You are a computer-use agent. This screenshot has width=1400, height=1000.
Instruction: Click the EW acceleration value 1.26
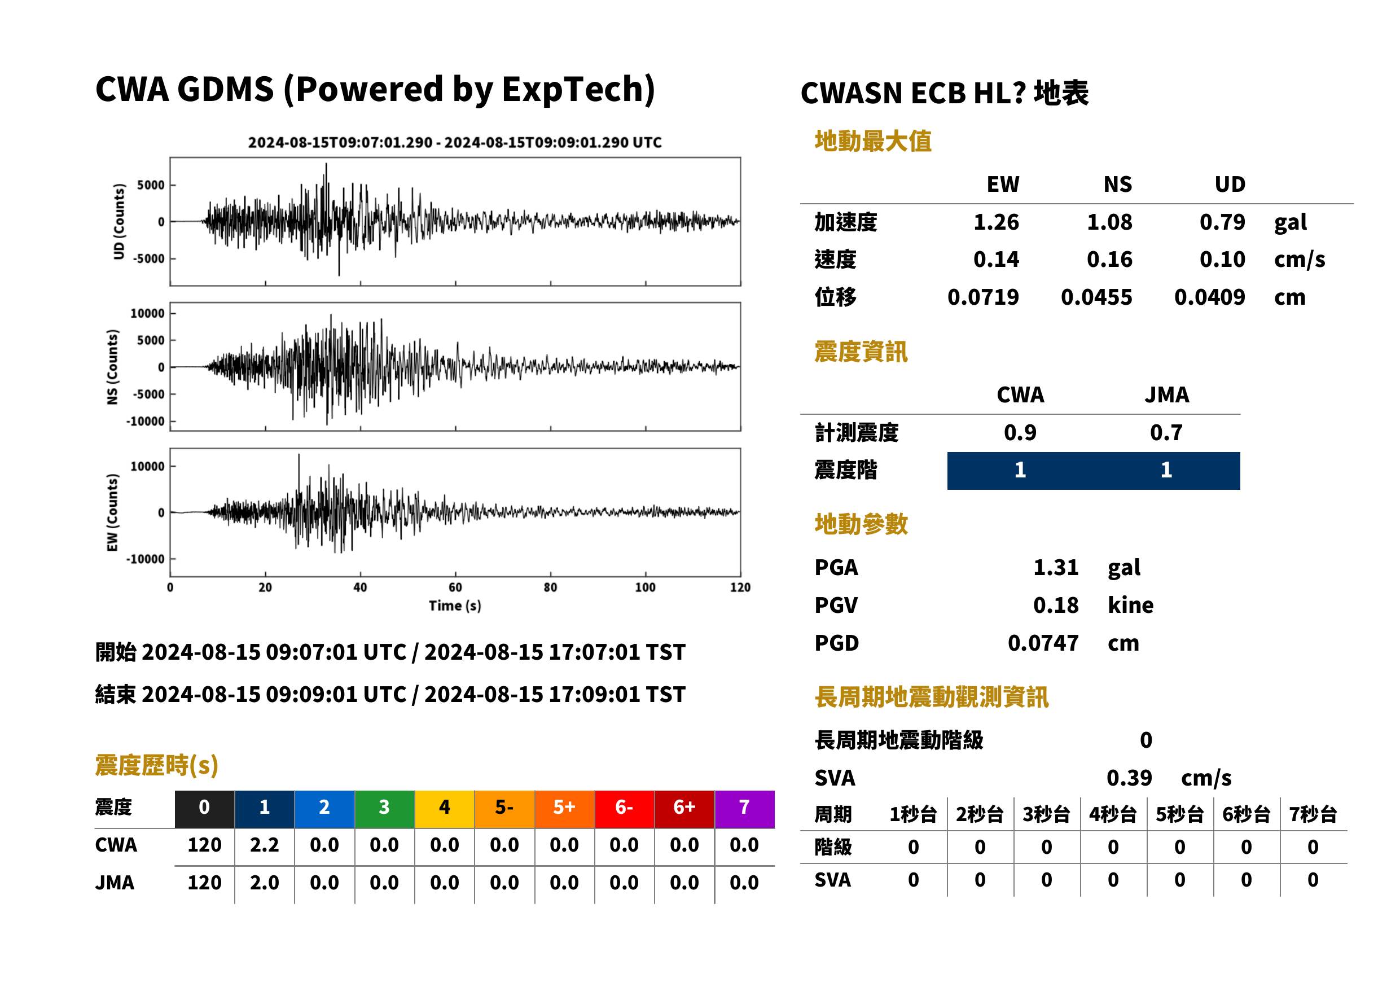click(x=995, y=222)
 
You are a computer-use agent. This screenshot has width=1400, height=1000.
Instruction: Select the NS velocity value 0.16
click(x=1109, y=259)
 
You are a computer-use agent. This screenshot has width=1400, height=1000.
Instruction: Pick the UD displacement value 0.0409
click(x=1209, y=297)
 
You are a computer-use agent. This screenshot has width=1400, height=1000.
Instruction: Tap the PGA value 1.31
click(x=1055, y=567)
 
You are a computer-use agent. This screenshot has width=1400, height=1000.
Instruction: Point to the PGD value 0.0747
click(x=1043, y=643)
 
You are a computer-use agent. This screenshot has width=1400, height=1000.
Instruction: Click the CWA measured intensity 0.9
click(x=1020, y=432)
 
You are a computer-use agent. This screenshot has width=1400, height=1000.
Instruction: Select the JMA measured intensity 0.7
click(x=1166, y=432)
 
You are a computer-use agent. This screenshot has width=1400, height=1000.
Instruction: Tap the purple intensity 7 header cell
click(x=744, y=807)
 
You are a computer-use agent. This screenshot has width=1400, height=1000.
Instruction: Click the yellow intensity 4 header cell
click(x=445, y=807)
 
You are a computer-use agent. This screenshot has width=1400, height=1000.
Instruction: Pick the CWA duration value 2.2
click(x=264, y=845)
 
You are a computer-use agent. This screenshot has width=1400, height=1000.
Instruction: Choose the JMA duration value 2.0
click(x=264, y=883)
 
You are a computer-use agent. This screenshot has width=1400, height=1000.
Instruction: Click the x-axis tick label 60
click(x=455, y=587)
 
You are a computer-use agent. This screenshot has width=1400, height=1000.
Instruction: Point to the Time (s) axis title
click(x=455, y=606)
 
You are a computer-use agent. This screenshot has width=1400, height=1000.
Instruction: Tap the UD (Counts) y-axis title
click(x=119, y=221)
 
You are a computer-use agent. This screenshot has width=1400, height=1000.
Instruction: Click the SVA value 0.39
click(x=1129, y=778)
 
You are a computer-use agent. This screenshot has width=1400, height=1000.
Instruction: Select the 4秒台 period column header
click(x=1112, y=814)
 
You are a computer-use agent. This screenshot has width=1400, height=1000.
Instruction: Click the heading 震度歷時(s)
click(x=157, y=765)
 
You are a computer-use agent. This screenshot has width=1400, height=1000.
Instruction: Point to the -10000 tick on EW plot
click(x=145, y=559)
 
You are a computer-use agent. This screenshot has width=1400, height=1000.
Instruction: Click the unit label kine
click(x=1130, y=606)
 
